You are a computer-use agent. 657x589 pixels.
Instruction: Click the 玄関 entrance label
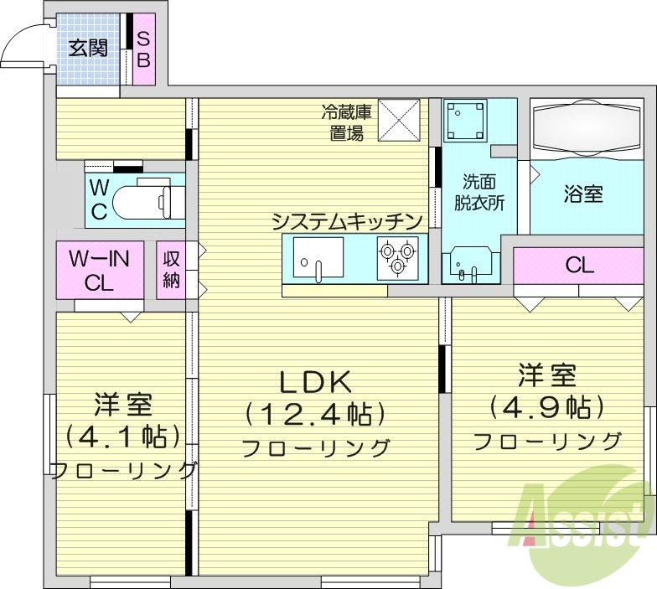click(87, 48)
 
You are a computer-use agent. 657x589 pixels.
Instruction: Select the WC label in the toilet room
click(99, 199)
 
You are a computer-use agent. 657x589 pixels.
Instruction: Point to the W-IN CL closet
click(99, 270)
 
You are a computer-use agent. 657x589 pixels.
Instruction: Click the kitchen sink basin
click(318, 257)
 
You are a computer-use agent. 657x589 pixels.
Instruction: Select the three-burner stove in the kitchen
click(397, 257)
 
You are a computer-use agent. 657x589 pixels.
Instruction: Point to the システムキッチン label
click(344, 221)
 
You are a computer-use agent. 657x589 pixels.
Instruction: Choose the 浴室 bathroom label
click(584, 194)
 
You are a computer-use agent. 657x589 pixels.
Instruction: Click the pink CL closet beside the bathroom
click(580, 266)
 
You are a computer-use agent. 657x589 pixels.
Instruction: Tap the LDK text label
click(314, 381)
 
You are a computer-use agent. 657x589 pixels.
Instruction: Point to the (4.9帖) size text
click(547, 406)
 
